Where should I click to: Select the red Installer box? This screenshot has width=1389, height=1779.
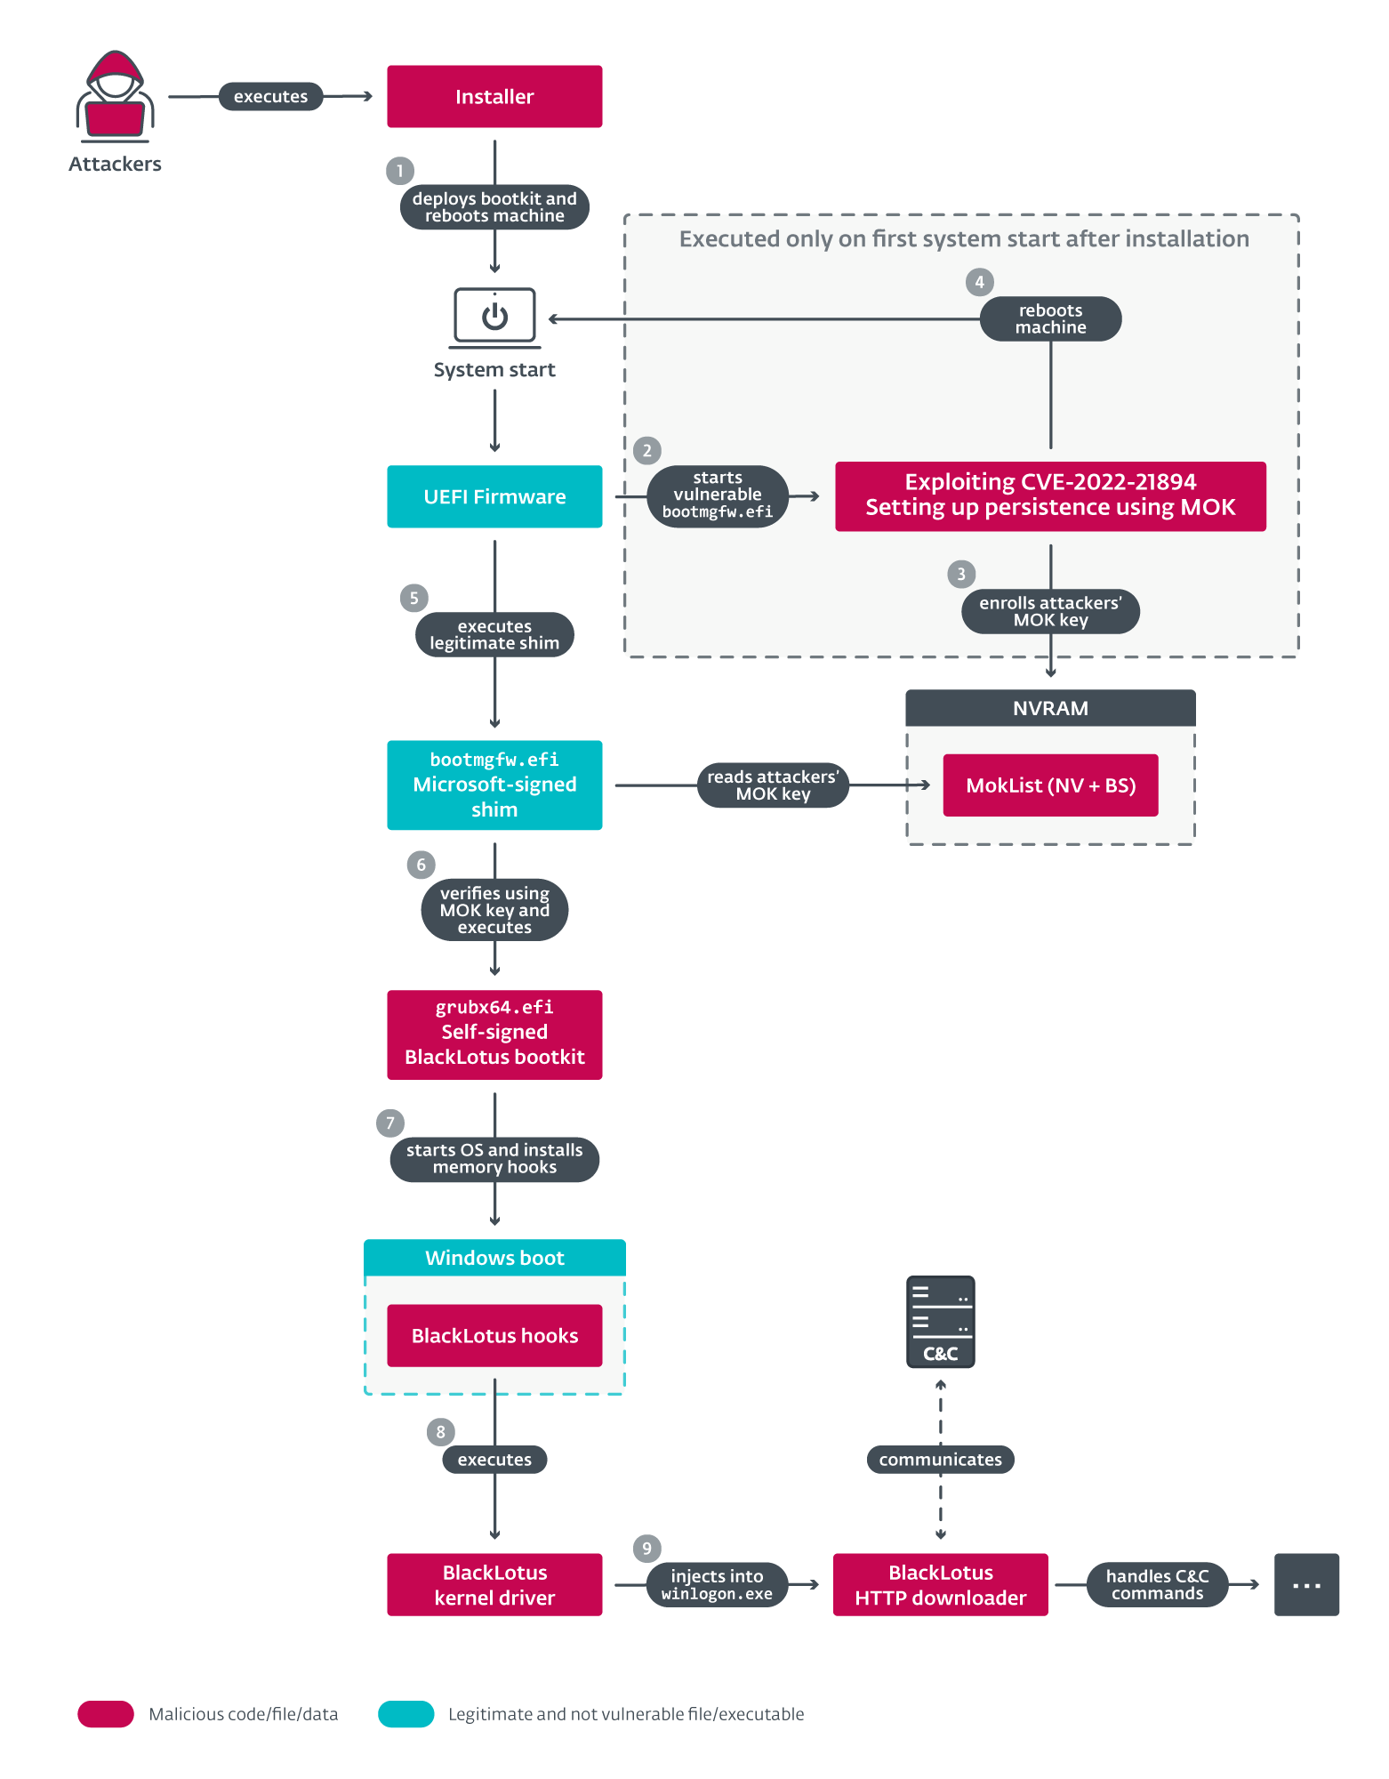tap(494, 96)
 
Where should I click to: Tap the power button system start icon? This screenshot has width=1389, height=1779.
tap(494, 316)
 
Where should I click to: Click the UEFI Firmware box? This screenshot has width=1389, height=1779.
tap(494, 496)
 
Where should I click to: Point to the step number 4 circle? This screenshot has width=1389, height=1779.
tap(979, 282)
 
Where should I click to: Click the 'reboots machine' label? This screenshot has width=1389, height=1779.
tap(1050, 318)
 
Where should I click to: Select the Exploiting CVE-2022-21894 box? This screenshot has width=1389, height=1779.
tap(1050, 495)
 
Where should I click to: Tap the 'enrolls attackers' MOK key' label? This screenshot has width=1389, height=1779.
tap(1050, 611)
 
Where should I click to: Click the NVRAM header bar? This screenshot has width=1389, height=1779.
tap(1050, 708)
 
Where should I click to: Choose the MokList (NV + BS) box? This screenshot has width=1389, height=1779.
tap(1050, 785)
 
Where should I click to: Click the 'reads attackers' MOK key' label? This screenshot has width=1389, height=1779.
tap(773, 785)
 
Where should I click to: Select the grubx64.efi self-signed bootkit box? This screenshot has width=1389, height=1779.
tap(494, 1034)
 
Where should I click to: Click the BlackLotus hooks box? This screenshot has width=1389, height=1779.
tap(494, 1335)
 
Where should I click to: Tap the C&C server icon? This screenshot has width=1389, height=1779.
tap(940, 1321)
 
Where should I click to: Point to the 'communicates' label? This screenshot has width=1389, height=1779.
tap(940, 1459)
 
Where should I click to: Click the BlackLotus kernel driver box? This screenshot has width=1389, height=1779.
tap(494, 1584)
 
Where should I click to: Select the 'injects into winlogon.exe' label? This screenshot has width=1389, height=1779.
tap(717, 1584)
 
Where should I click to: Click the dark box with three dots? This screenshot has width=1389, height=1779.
tap(1306, 1584)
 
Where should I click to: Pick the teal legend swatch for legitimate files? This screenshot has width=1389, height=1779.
tap(405, 1713)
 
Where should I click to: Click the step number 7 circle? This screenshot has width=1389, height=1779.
tap(389, 1123)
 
